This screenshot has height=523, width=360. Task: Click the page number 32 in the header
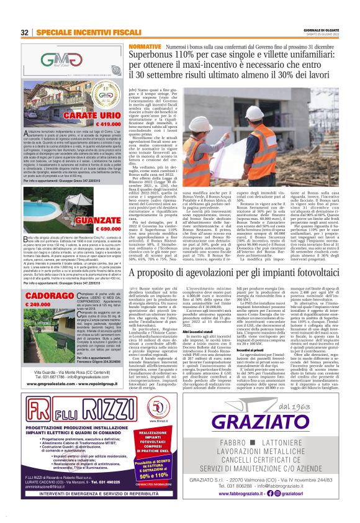(x=24, y=32)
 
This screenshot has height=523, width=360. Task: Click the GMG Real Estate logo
(x=61, y=61)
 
